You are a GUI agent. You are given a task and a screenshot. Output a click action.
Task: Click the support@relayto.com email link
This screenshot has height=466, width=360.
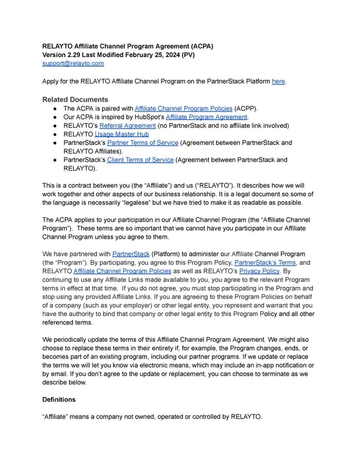[x=73, y=63]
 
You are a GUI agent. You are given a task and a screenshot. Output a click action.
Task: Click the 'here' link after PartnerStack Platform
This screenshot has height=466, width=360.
[x=278, y=81]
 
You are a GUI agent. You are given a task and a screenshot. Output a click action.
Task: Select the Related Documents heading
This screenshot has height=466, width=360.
[x=75, y=99]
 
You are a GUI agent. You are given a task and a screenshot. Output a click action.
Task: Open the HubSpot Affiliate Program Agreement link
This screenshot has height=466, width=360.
[x=207, y=116]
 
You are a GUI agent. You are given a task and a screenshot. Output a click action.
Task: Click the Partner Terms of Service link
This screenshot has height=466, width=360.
[x=142, y=143]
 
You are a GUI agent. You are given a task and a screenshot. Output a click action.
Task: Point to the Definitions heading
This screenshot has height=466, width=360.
[x=59, y=399]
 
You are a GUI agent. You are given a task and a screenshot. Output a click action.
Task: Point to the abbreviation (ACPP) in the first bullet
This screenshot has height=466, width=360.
[x=238, y=108]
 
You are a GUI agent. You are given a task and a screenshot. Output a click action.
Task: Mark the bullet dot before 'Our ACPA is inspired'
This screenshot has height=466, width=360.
[x=54, y=116]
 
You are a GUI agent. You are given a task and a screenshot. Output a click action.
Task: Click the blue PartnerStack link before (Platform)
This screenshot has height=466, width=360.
[x=131, y=254]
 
